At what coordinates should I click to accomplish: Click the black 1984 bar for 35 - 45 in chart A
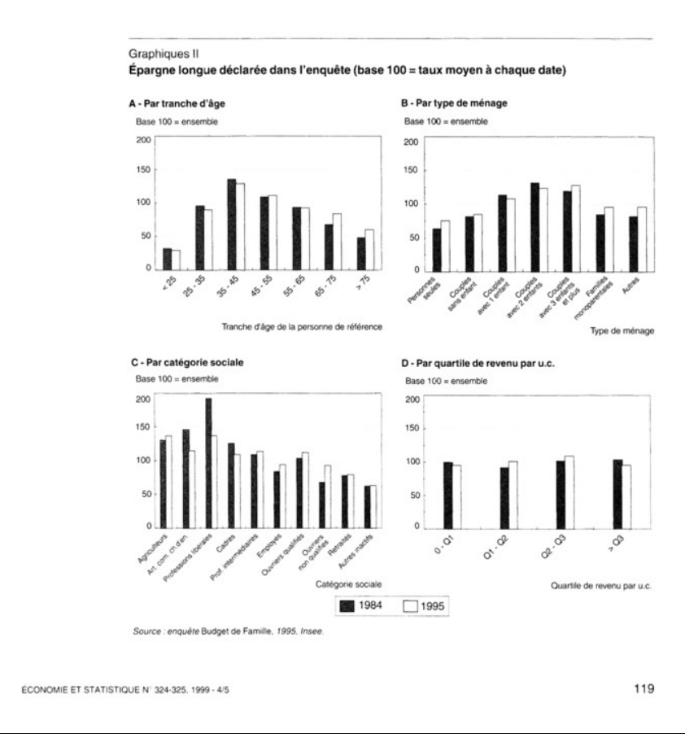(232, 224)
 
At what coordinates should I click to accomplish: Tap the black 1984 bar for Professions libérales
(209, 462)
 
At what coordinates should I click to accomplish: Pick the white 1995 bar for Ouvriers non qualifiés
(328, 496)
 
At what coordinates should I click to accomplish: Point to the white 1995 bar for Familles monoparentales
(609, 238)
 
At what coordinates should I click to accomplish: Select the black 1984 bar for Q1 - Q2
(504, 497)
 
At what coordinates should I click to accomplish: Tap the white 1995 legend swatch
(411, 606)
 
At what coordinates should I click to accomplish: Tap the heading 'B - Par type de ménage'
(453, 105)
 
